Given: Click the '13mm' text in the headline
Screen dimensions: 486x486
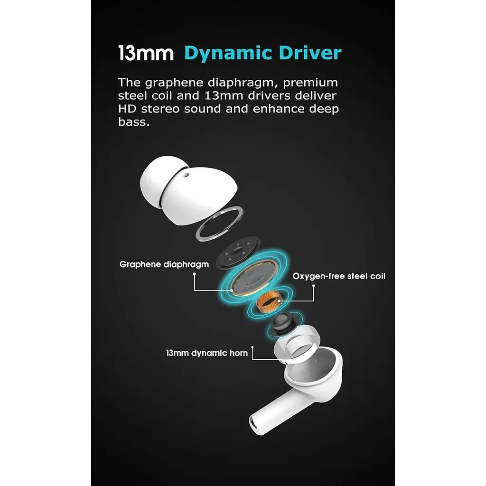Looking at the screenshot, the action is pyautogui.click(x=146, y=53).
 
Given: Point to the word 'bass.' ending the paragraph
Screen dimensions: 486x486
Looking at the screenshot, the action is pyautogui.click(x=133, y=122).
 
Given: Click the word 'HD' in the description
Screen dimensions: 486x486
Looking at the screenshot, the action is pyautogui.click(x=127, y=109).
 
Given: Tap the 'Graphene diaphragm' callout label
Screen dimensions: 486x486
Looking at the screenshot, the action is pyautogui.click(x=164, y=265).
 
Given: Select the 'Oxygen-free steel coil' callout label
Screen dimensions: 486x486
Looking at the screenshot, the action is pyautogui.click(x=339, y=276).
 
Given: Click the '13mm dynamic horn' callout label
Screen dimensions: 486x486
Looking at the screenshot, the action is pyautogui.click(x=207, y=353).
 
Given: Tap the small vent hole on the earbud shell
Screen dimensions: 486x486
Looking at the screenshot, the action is pyautogui.click(x=186, y=175).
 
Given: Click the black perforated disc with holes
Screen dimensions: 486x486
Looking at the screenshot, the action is pyautogui.click(x=238, y=252).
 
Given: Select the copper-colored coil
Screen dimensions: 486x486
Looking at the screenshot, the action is pyautogui.click(x=269, y=301).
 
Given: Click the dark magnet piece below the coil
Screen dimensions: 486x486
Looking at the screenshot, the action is pyautogui.click(x=281, y=324).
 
